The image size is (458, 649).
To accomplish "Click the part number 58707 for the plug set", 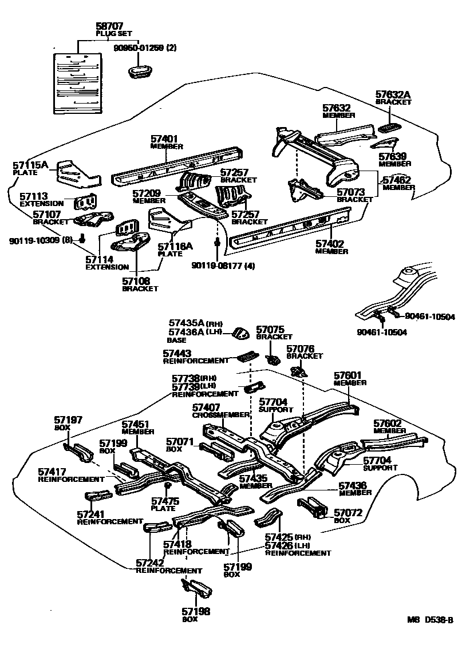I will pyautogui.click(x=109, y=26).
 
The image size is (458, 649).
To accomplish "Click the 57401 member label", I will pyautogui.click(x=164, y=139).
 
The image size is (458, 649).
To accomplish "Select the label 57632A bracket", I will pyautogui.click(x=393, y=95).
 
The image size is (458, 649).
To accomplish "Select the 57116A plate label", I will pyautogui.click(x=175, y=247).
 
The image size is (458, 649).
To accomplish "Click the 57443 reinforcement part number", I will pyautogui.click(x=177, y=354).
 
